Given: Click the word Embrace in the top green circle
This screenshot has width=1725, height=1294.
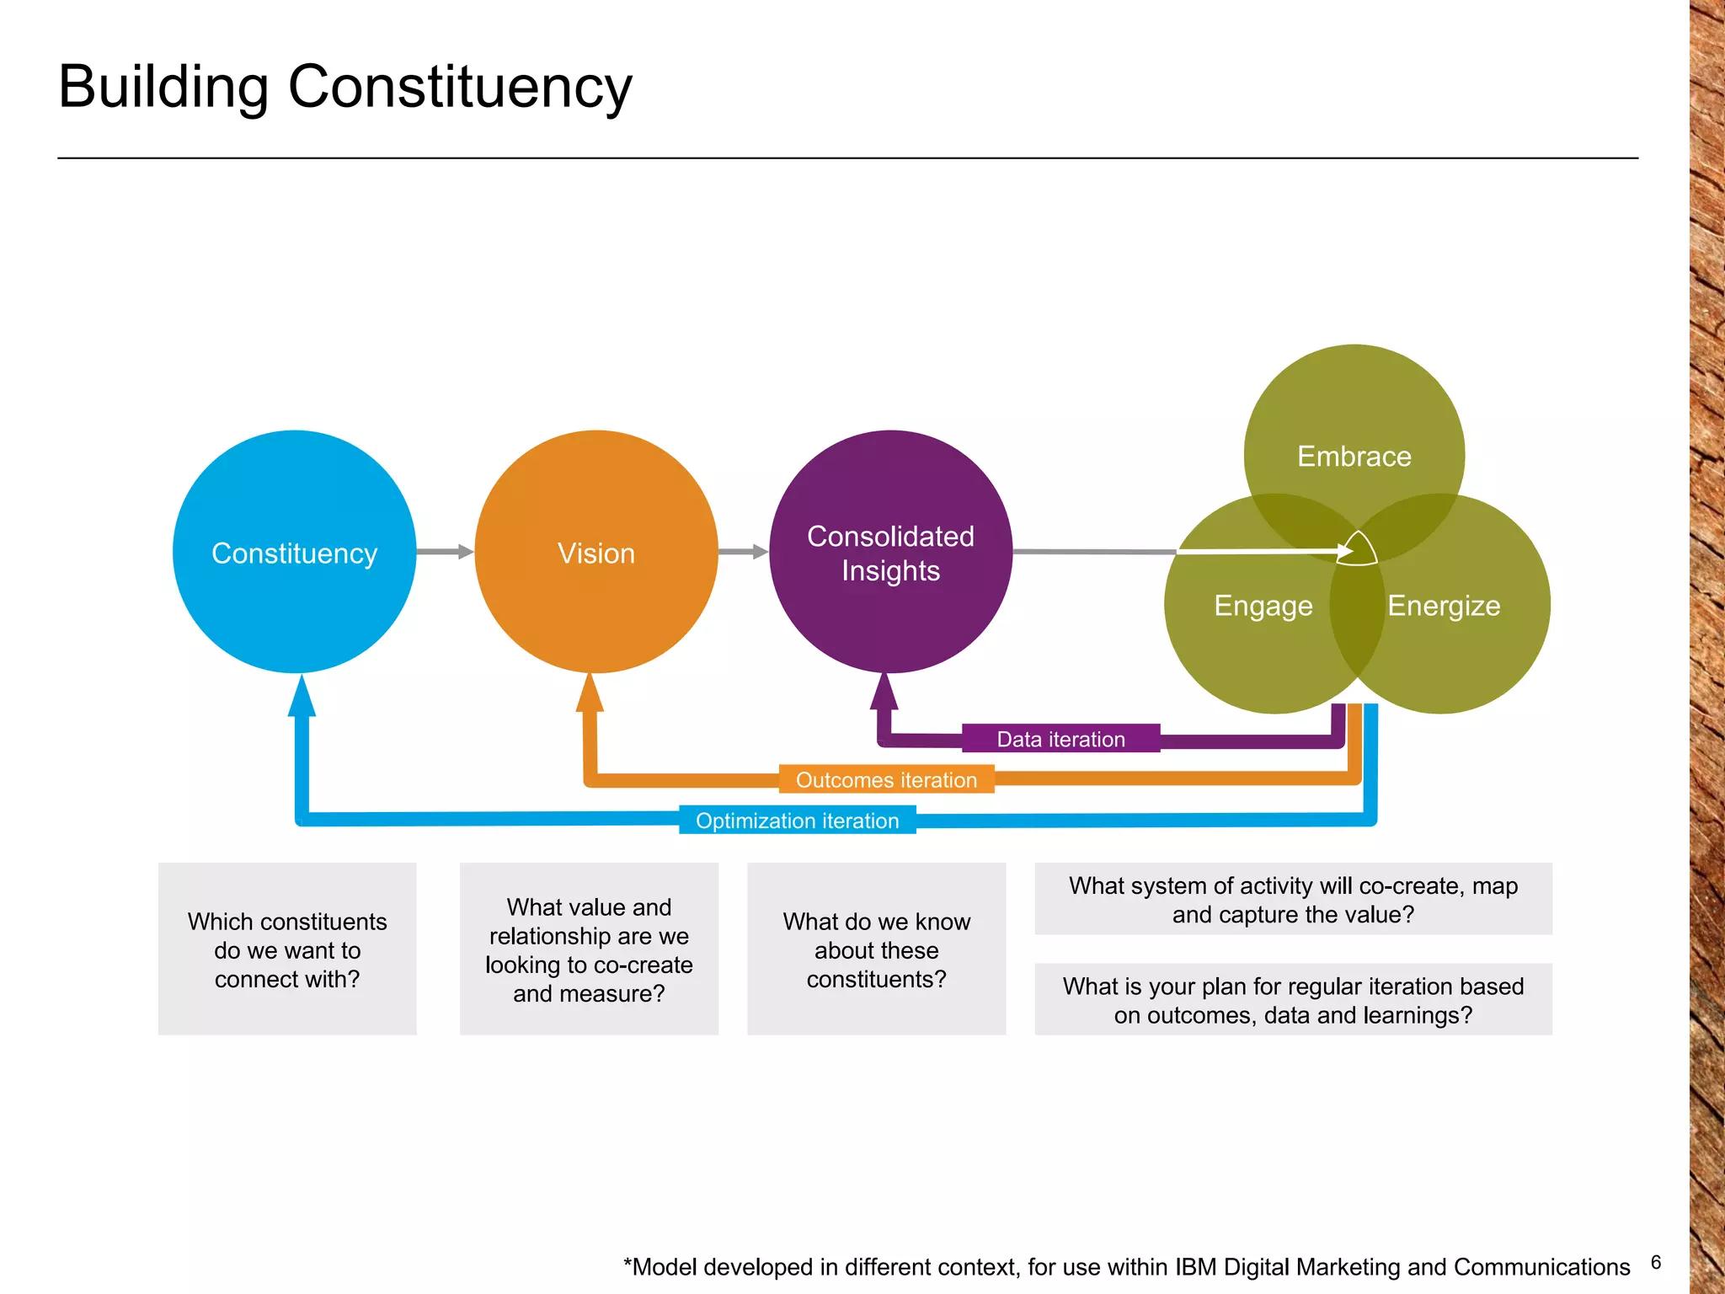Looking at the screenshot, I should (1354, 456).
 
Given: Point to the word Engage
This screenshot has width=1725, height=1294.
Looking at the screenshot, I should (1263, 606).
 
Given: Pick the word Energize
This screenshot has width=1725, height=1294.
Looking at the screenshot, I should (1444, 606).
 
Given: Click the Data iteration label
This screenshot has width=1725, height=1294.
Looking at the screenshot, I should (1060, 739).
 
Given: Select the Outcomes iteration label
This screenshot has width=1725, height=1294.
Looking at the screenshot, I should (886, 779).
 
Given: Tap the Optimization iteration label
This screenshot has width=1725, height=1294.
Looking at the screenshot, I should (797, 820).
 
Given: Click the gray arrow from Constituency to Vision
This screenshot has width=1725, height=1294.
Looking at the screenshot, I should (445, 552).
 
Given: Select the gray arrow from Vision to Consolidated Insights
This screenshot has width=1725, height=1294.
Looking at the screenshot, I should (743, 552).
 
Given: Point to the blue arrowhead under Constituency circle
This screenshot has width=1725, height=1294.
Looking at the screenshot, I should (302, 698).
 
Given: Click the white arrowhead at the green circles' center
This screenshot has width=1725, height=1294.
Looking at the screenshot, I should (1346, 551).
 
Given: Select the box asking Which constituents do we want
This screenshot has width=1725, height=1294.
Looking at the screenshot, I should (287, 949).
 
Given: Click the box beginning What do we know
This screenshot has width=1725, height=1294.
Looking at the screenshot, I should (876, 949).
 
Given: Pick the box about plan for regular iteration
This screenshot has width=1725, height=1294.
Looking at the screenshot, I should (1293, 999).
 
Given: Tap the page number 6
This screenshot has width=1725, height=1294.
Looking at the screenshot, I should (1655, 1262).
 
